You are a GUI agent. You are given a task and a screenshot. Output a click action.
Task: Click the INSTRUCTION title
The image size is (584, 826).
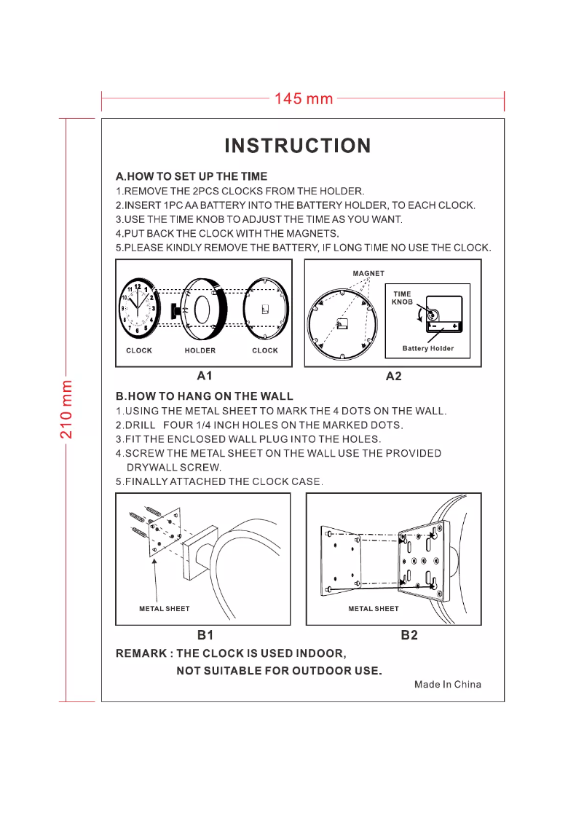coord(298,146)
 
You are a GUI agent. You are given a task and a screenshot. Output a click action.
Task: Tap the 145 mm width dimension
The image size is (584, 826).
coord(303,98)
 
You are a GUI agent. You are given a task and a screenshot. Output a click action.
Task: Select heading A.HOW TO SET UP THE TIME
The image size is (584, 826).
coord(192,176)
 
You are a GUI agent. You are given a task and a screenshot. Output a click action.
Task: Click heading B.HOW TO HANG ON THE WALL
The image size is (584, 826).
coord(205,396)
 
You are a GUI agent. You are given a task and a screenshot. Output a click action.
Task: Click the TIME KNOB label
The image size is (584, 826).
coord(402,298)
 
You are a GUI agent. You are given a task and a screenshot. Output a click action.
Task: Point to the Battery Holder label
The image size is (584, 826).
coord(428,348)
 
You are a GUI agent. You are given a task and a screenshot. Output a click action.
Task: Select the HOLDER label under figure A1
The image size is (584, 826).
coord(200,350)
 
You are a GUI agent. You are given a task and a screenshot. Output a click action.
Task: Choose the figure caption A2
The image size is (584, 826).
coord(394,377)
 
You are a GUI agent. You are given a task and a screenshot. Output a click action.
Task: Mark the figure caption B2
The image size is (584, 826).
coord(409,635)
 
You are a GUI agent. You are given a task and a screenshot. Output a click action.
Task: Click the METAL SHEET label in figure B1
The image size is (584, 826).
coord(165,609)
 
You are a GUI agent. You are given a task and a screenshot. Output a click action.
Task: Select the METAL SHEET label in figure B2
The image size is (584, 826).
coord(374,608)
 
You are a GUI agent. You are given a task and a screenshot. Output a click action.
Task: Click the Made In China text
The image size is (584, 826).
coord(448,684)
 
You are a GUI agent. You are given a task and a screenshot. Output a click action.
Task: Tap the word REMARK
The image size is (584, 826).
coord(141,653)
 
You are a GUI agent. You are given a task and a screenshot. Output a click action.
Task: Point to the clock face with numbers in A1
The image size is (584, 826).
coord(138,310)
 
